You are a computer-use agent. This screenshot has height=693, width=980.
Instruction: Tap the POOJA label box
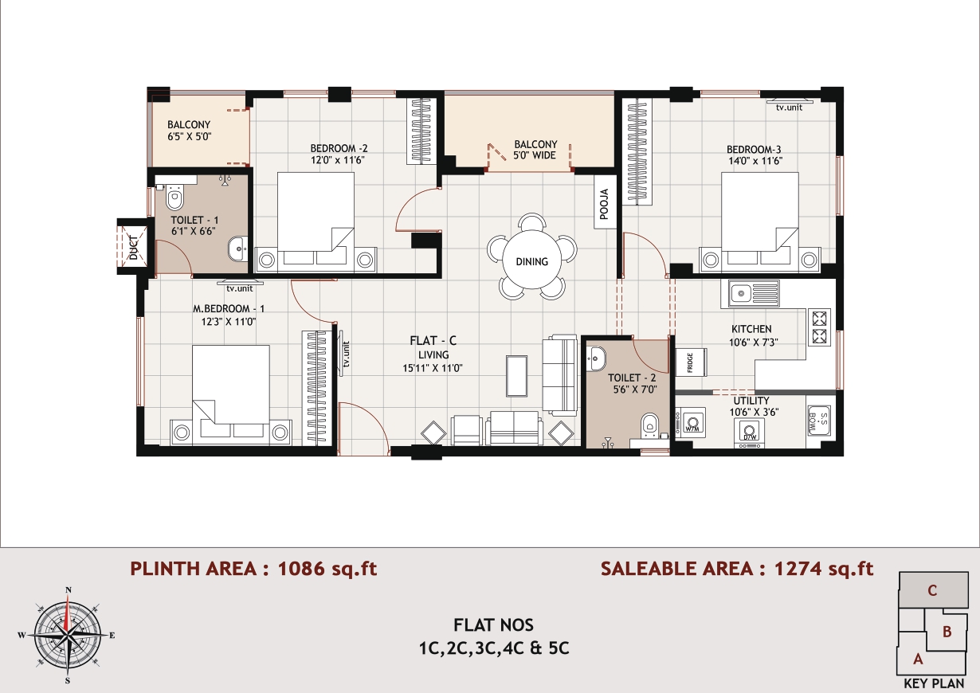[604, 203]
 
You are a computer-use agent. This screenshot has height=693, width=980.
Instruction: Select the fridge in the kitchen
[692, 362]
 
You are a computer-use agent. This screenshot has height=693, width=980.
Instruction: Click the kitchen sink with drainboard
[754, 293]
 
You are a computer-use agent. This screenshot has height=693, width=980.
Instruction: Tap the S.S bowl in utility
[818, 421]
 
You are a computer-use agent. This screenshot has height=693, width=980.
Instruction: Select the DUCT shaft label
[133, 247]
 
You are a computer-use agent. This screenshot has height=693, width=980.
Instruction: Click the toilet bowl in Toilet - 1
[174, 197]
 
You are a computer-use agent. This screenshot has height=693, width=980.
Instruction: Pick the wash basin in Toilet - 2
[596, 358]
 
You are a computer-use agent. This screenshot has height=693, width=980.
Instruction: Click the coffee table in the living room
[516, 376]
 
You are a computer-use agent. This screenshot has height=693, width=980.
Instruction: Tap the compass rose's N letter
[69, 589]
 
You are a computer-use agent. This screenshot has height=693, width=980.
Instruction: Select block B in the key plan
[947, 632]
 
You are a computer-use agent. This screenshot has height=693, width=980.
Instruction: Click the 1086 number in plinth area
[301, 568]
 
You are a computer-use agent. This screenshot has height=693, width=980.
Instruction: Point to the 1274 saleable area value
[798, 568]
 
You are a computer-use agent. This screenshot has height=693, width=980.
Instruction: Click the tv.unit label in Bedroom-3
[789, 108]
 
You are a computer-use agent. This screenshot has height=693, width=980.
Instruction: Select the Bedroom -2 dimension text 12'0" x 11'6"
[338, 160]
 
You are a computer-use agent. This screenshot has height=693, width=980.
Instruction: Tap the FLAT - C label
[433, 340]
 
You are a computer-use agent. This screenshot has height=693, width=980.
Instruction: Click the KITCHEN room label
[751, 329]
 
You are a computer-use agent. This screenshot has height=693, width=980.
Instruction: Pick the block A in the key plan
[918, 659]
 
